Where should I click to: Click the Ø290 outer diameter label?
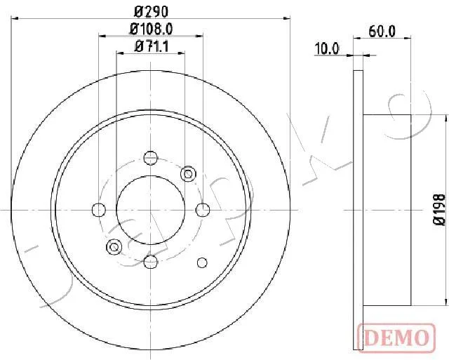pos(151,12)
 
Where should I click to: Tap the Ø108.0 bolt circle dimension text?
pos(152,29)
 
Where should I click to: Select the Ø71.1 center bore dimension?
pos(152,46)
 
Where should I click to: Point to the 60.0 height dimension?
pos(382,31)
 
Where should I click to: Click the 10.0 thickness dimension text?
pos(326,48)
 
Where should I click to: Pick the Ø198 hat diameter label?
pos(439,210)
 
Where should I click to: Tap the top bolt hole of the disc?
pos(151,158)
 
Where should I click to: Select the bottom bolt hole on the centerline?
pos(151,262)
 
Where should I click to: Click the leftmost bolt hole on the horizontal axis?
pos(99,210)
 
